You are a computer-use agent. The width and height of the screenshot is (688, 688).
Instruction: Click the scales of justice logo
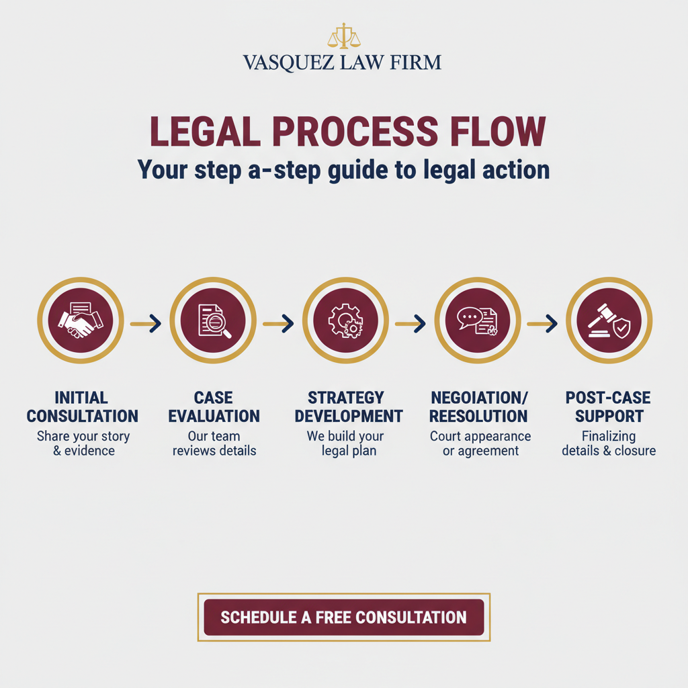[x=343, y=36]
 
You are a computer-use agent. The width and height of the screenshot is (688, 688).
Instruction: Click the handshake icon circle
[x=81, y=320]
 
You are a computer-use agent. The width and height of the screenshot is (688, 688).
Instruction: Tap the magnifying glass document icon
[x=213, y=320]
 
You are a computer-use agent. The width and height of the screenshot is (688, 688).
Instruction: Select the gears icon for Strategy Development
[x=345, y=320]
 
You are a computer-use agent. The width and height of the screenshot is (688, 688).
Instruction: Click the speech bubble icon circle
[x=478, y=320]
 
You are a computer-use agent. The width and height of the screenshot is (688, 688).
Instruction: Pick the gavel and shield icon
[x=609, y=320]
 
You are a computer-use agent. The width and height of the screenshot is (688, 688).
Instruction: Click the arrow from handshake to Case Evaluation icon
[x=146, y=324]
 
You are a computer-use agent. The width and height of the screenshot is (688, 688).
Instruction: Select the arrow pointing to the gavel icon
[x=543, y=324]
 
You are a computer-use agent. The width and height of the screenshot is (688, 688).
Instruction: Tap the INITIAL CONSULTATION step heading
[x=82, y=406]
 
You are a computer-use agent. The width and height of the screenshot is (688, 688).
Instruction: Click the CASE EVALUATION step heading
[x=214, y=406]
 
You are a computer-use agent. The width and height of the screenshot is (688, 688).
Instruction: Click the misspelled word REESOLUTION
[x=478, y=416]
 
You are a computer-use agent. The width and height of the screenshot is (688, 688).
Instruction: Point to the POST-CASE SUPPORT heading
[x=609, y=406]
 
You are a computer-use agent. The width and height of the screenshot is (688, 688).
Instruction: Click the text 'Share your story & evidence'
[x=83, y=443]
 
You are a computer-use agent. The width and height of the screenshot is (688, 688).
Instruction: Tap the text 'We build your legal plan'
[x=345, y=443]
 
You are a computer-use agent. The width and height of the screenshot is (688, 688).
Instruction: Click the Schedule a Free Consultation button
[x=343, y=617]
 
